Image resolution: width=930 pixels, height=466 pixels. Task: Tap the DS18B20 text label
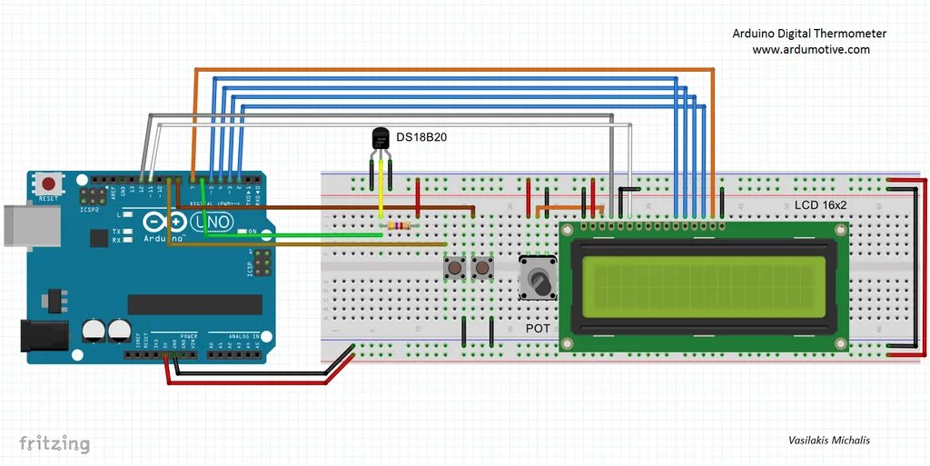point(421,137)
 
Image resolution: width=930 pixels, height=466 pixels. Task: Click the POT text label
point(538,328)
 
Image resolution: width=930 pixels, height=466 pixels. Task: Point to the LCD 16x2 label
point(820,205)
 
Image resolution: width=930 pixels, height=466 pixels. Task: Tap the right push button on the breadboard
point(481,268)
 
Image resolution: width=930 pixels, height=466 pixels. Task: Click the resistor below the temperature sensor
point(397,225)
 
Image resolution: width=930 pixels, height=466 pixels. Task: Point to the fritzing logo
point(54,443)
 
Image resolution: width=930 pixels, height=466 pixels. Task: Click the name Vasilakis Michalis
point(828,440)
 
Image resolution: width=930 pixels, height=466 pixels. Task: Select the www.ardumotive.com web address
point(810,50)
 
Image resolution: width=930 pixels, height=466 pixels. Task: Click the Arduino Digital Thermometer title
point(809,34)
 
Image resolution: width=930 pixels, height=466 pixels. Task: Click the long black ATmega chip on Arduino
point(194,304)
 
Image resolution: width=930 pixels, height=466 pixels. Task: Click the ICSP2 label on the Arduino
point(90,209)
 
